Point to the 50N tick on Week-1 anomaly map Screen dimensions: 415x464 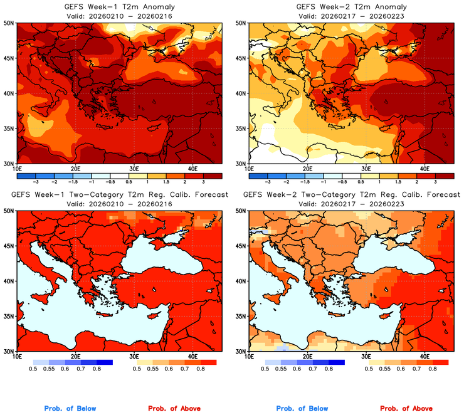pyautogui.click(x=9, y=23)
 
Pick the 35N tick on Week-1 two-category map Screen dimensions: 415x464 pyautogui.click(x=9, y=317)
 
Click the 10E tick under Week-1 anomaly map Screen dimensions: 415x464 pyautogui.click(x=17, y=168)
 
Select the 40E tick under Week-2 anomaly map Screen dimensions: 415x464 pyautogui.click(x=424, y=168)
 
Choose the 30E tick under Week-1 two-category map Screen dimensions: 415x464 pyautogui.click(x=134, y=356)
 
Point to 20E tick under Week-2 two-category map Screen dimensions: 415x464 pyautogui.click(x=307, y=356)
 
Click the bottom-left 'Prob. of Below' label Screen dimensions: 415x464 pyautogui.click(x=70, y=409)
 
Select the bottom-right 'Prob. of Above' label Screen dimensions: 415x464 pyautogui.click(x=406, y=409)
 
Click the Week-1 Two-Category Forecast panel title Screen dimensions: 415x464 pyautogui.click(x=120, y=195)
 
